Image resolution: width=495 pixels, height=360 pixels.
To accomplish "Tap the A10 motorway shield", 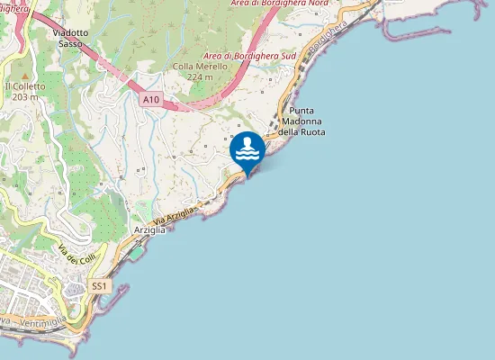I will [151, 100].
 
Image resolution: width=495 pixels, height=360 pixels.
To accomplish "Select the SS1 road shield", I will [100, 286].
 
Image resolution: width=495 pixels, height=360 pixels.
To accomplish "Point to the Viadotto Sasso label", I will [71, 38].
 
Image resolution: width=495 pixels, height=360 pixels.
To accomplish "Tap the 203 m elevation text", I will [26, 96].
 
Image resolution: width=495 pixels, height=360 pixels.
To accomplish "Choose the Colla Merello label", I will [193, 67].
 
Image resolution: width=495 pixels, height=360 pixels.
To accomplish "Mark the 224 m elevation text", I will [200, 77].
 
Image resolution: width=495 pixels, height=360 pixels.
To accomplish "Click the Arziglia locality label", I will [149, 230].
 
